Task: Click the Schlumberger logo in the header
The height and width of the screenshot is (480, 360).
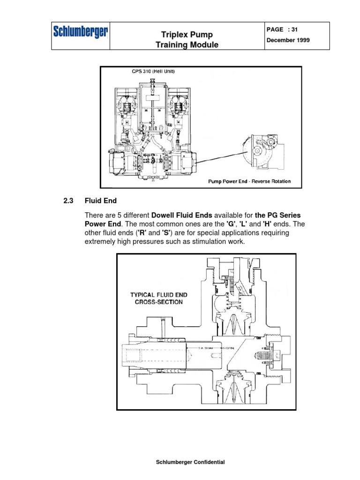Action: (x=81, y=33)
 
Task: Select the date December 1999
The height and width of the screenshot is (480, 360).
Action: (x=288, y=40)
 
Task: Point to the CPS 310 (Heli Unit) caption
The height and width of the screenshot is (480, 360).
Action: (x=153, y=72)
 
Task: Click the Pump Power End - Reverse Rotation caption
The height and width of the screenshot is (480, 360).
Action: (x=249, y=181)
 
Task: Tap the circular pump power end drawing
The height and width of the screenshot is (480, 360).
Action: (x=260, y=152)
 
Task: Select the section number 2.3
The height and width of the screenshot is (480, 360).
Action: (x=69, y=201)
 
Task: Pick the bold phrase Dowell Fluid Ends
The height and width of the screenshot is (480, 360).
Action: (x=182, y=215)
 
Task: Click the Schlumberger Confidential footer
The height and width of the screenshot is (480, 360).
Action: (x=190, y=462)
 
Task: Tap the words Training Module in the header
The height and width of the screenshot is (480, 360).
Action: (x=187, y=45)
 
